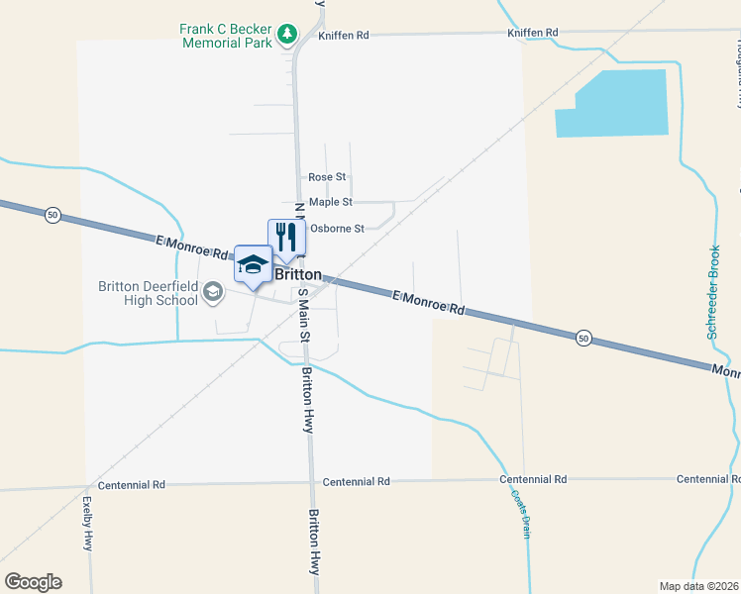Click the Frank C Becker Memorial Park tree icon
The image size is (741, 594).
287,35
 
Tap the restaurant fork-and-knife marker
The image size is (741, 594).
284,236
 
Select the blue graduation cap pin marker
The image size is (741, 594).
252,263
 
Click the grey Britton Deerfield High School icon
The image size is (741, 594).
212,292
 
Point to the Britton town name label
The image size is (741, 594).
298,274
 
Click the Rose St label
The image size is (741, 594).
327,177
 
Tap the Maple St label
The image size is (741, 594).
331,202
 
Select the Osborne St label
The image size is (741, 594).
337,228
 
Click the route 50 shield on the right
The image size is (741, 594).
584,339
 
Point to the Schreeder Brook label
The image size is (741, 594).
712,292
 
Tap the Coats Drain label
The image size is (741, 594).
521,514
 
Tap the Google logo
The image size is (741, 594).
33,582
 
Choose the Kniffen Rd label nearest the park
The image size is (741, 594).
344,36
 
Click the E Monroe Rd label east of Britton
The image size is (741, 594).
428,303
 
